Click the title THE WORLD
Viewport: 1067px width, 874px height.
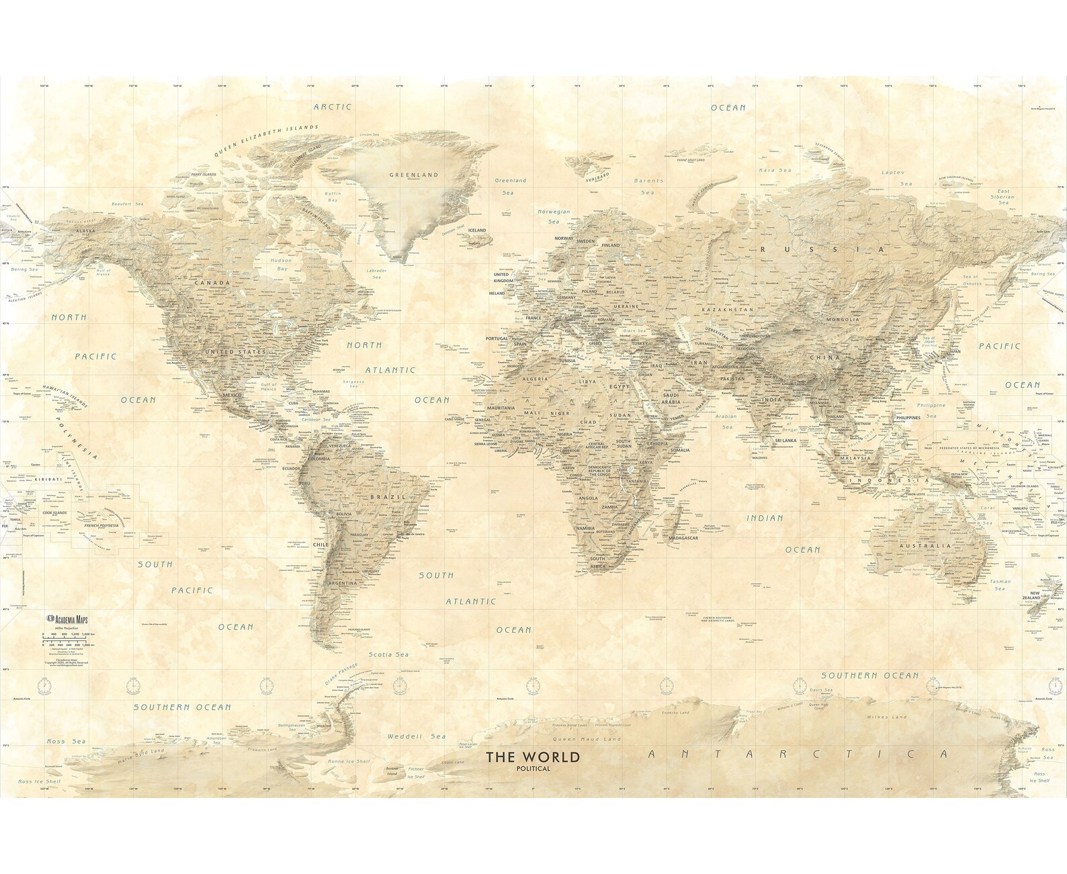click(533, 757)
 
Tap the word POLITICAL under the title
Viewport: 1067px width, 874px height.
click(533, 769)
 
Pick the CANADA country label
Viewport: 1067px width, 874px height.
click(212, 283)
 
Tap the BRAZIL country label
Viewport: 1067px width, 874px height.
click(388, 497)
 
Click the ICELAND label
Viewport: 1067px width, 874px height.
click(476, 230)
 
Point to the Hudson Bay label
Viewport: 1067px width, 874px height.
click(282, 264)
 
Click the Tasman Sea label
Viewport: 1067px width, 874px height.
click(1000, 584)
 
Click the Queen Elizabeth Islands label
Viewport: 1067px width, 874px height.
click(266, 140)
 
